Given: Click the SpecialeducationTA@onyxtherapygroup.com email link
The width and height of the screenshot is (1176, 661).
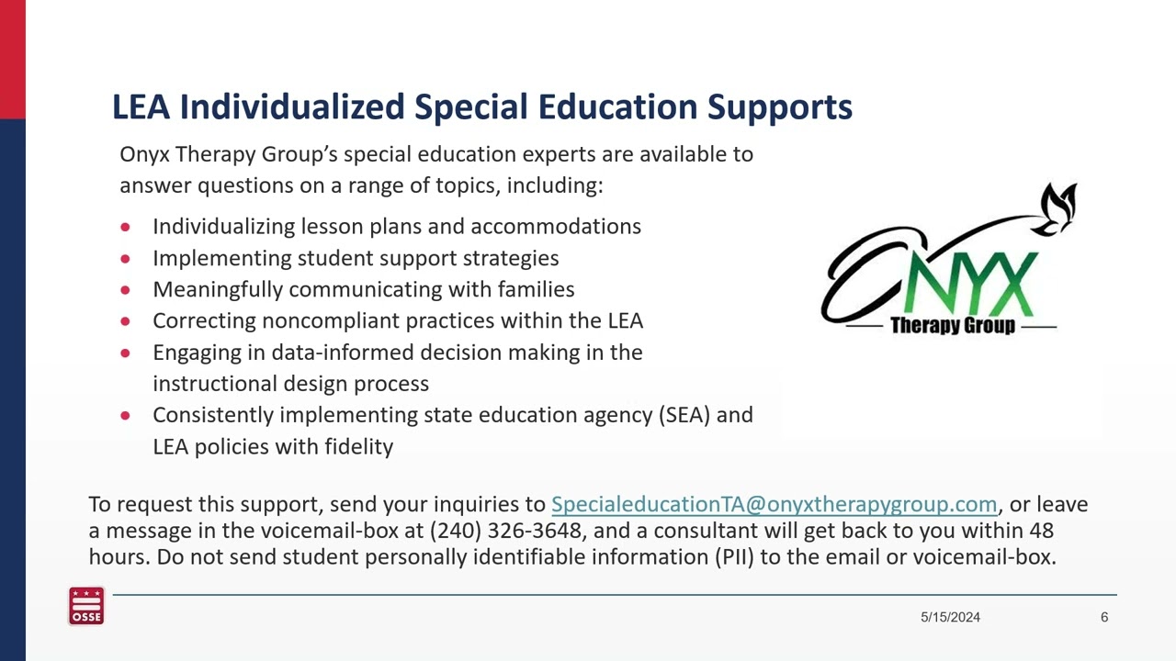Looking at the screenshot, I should coord(774,504).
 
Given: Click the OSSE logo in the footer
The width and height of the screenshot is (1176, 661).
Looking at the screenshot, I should coord(86,607).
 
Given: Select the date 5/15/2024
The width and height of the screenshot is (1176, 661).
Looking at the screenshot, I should coord(950,618).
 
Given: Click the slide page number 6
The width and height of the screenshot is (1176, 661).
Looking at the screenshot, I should coord(1104,618).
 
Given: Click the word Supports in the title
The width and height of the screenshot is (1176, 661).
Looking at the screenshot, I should coord(779,107).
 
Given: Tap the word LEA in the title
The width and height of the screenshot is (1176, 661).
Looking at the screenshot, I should coord(141,107).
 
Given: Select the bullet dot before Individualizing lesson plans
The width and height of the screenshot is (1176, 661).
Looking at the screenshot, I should coord(126,227).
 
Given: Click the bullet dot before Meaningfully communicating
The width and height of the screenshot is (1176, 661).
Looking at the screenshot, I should coord(126,290).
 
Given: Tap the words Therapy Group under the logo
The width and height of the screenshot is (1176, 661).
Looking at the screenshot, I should coord(952,326).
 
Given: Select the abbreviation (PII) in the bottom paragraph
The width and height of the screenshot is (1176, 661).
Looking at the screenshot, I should coord(734,557).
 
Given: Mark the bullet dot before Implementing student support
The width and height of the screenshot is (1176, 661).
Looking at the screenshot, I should coord(126,259).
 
